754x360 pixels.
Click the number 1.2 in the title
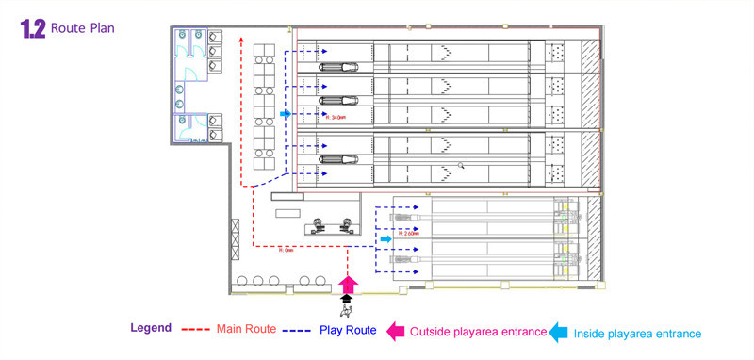[32, 29]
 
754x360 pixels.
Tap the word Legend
[151, 329]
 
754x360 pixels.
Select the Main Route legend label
[246, 329]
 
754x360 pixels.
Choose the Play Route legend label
[348, 330]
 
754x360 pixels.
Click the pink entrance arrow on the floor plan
[347, 280]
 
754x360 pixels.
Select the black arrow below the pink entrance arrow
[347, 297]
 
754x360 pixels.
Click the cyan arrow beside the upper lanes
[285, 113]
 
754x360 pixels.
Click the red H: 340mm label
[333, 118]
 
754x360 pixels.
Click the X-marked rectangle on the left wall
[235, 231]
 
